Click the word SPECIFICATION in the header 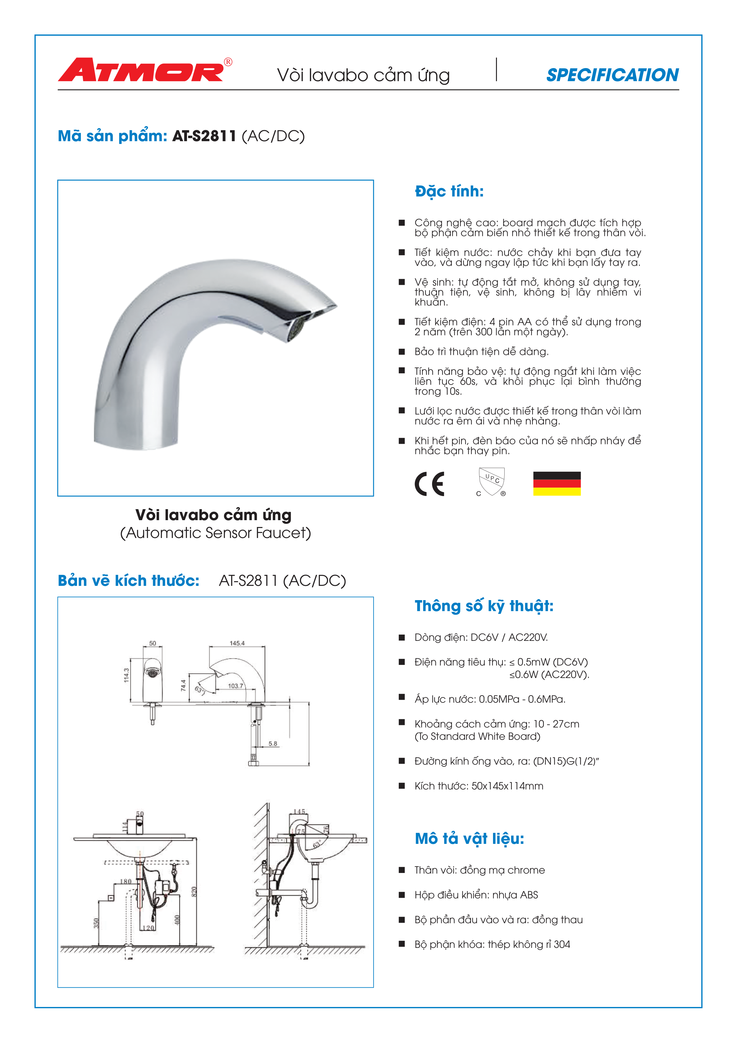612,75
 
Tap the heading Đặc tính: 449,191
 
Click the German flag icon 557,483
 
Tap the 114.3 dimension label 127,675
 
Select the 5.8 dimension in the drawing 273,744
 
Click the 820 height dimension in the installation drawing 194,891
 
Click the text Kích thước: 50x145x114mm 479,786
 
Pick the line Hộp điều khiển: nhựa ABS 476,895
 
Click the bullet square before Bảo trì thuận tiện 401,352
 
